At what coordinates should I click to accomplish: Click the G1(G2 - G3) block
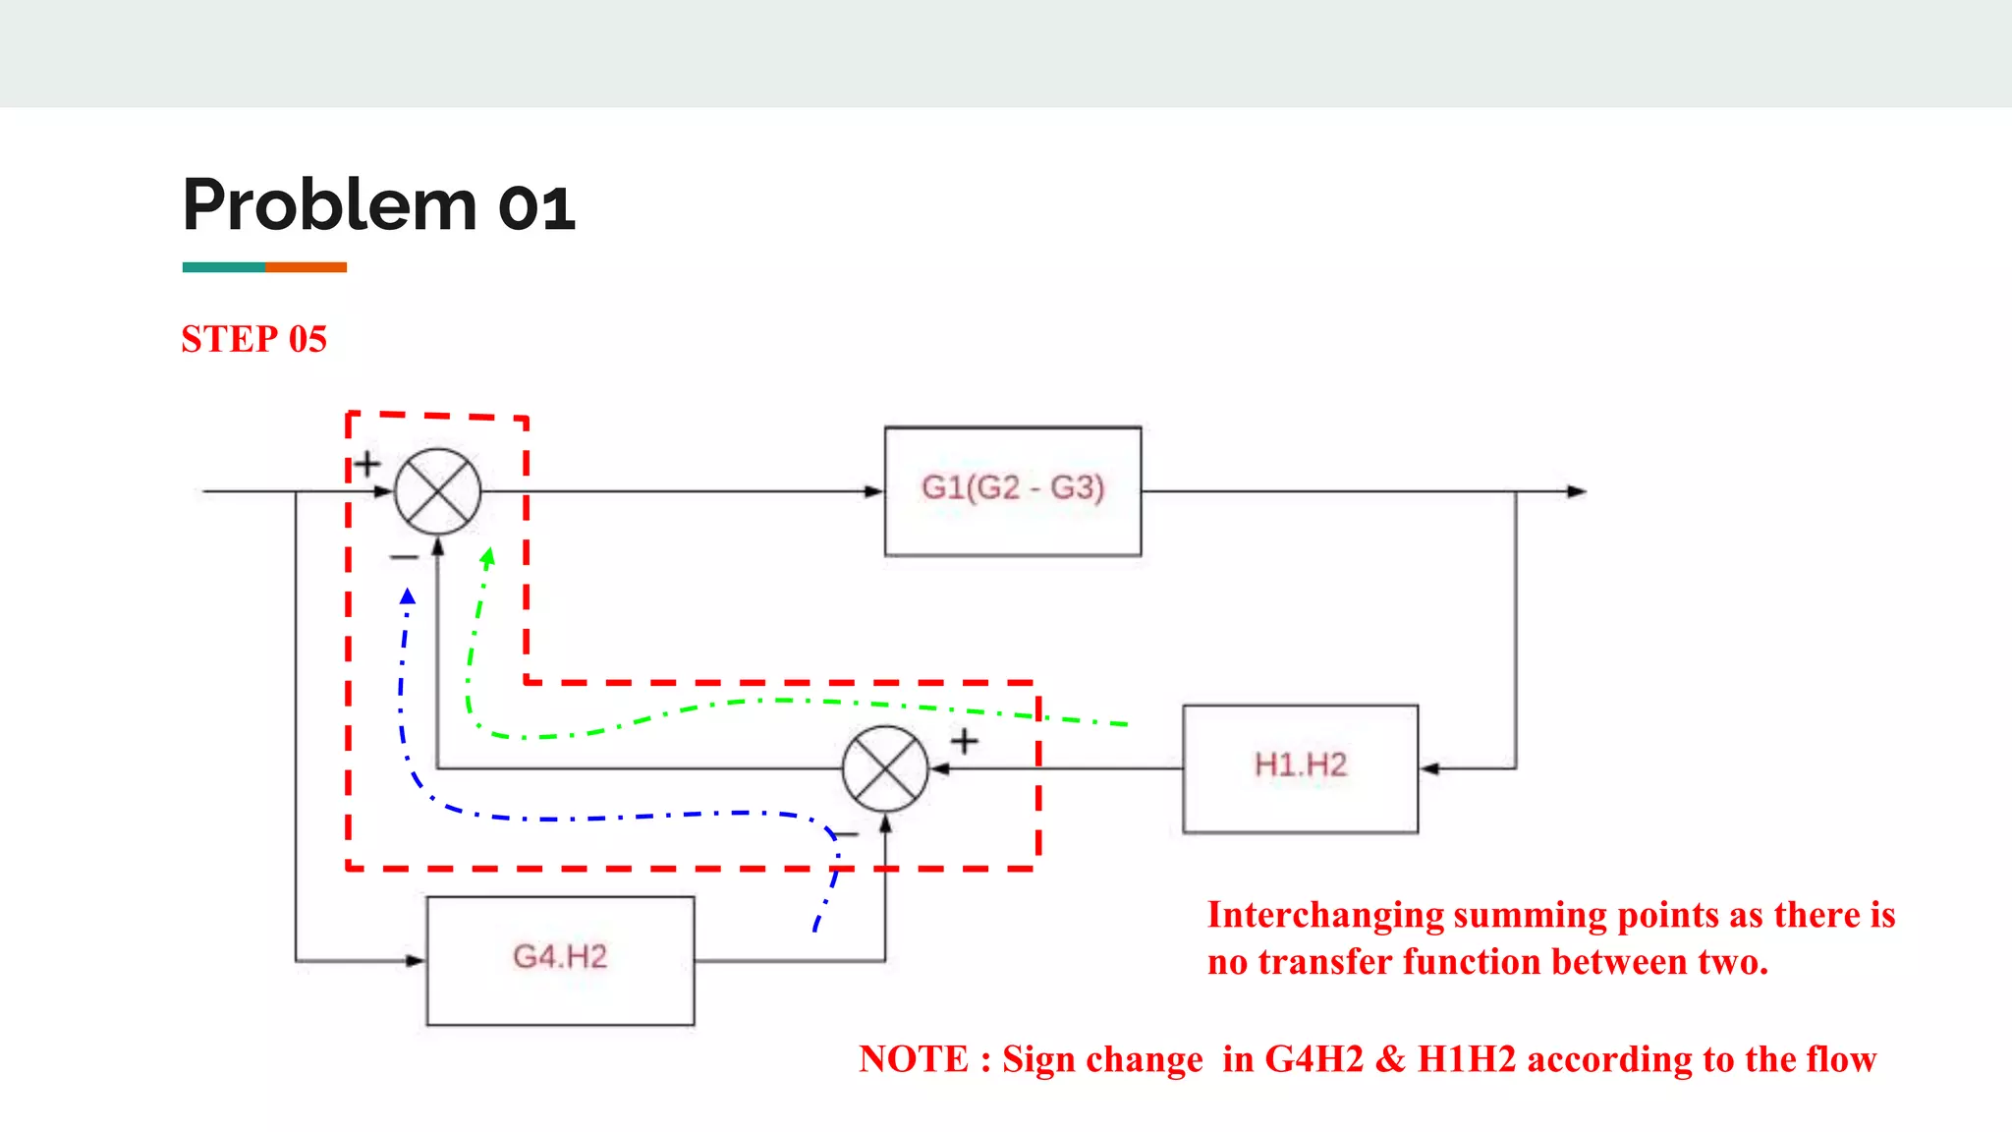coord(1012,490)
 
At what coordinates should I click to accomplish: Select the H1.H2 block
coord(1300,767)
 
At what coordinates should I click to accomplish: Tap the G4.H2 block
coord(560,959)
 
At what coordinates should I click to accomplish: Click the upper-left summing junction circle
coord(437,491)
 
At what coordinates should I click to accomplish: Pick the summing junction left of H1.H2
coord(885,768)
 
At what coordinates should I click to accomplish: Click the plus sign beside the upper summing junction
coord(367,463)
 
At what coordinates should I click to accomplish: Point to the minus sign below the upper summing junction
coord(403,557)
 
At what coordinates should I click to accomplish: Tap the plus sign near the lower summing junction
coord(964,741)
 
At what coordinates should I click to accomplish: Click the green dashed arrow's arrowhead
coord(487,557)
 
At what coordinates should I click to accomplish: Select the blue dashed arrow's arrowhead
coord(408,595)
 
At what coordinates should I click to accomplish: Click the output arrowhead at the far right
coord(1577,491)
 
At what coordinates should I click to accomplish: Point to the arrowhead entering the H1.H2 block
coord(1430,768)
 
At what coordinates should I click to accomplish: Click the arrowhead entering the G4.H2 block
coord(416,960)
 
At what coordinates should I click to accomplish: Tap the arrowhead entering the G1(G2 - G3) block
coord(873,491)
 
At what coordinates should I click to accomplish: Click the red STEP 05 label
coord(253,339)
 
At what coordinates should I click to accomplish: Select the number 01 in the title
coord(536,208)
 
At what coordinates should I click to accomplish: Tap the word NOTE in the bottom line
coord(914,1058)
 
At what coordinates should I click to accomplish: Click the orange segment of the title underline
coord(306,267)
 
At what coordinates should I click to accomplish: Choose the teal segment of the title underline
coord(223,267)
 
